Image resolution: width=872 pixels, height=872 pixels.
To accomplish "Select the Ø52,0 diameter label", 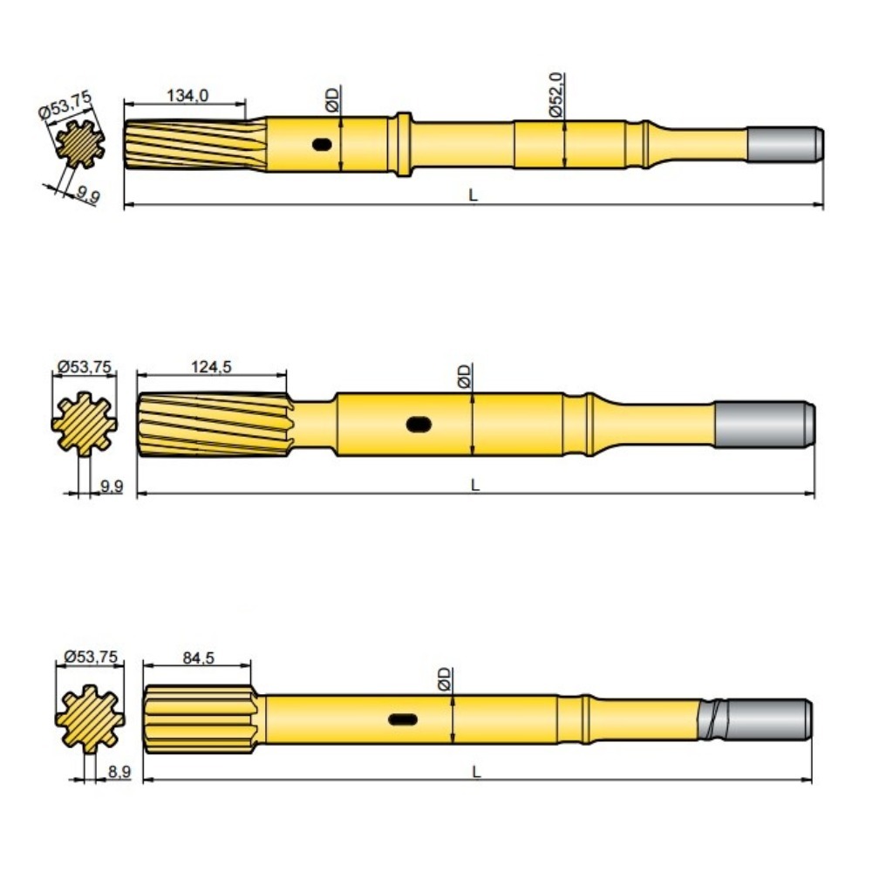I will (x=558, y=93).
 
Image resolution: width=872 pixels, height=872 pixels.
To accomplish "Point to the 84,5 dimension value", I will (x=198, y=657).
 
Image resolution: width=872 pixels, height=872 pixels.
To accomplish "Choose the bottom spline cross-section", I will (x=88, y=718).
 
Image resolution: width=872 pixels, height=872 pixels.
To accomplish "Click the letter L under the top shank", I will (x=473, y=196).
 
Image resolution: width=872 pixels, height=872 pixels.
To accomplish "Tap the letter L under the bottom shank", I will (x=475, y=771).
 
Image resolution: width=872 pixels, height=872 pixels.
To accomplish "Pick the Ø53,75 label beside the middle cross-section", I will (x=84, y=367).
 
